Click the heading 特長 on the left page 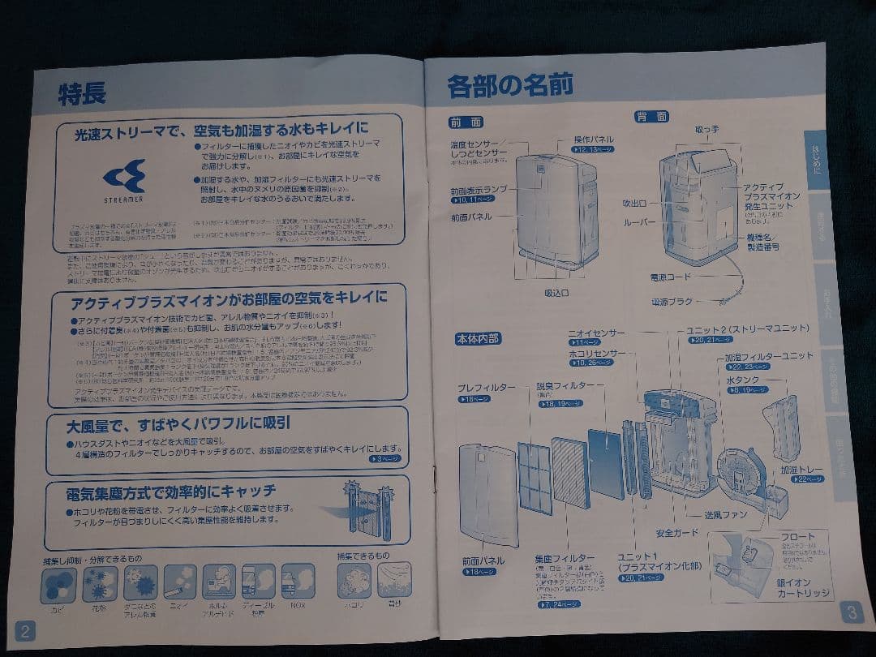point(82,93)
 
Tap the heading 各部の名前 point(510,85)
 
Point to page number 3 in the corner point(851,612)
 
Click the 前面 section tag point(466,122)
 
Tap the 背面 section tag point(652,117)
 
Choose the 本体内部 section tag point(478,338)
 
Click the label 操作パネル point(594,139)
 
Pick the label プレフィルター point(487,388)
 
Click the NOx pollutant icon point(298,582)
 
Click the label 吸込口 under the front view point(556,292)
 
